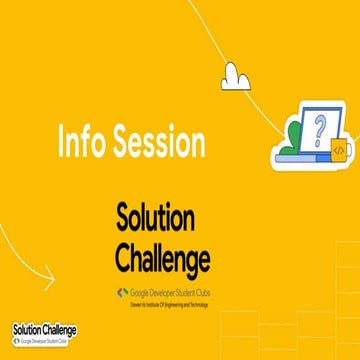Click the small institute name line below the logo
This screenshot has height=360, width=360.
pos(163,303)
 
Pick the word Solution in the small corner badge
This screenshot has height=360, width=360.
pos(27,328)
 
